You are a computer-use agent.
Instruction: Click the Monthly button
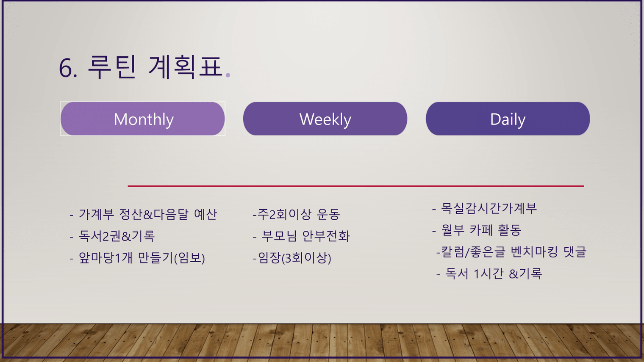point(143,119)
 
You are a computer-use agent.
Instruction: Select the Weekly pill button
point(325,119)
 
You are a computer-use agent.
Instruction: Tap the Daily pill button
point(508,119)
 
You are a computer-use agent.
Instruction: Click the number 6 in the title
point(65,68)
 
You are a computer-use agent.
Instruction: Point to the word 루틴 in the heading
point(112,67)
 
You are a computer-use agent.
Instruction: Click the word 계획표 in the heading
point(186,67)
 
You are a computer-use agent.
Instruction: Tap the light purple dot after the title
point(228,75)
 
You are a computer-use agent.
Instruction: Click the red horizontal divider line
point(355,186)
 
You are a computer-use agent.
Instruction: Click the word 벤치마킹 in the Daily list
point(534,252)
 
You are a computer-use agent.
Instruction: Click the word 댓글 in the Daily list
point(575,252)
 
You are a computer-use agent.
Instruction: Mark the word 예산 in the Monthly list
point(205,214)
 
